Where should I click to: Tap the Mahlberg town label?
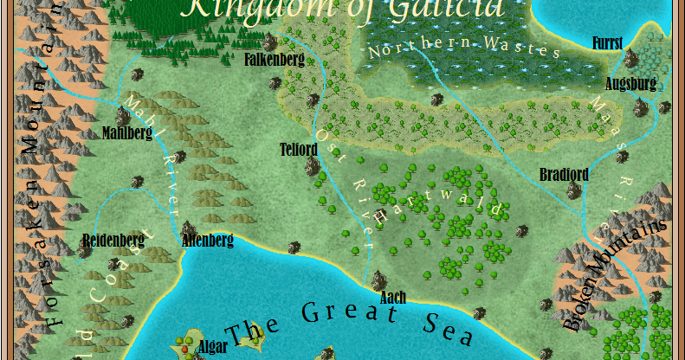tap(126, 133)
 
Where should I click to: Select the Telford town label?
tap(299, 149)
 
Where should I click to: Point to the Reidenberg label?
tap(113, 240)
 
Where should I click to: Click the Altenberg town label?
tap(207, 241)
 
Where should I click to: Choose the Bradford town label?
tap(564, 175)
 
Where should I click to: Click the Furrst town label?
tap(607, 42)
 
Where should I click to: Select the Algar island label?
tap(213, 347)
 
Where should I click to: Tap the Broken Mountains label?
tap(616, 273)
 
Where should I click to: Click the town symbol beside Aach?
tap(378, 280)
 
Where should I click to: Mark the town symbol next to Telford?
tap(310, 164)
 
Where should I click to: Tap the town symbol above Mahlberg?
tap(122, 115)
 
